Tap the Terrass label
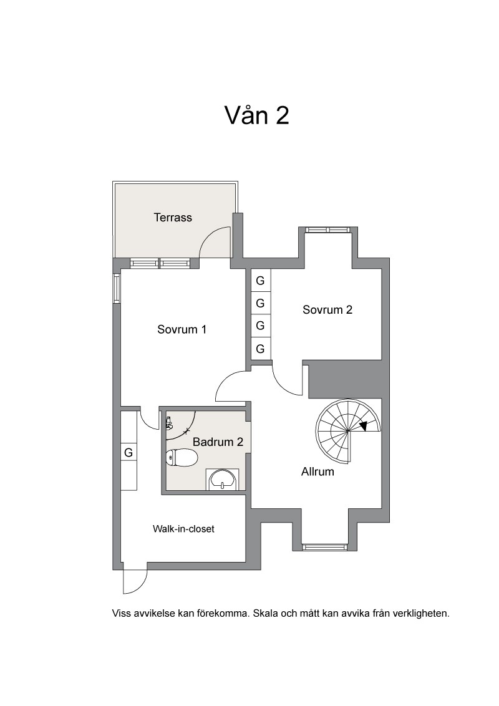173,218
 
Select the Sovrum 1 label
182,329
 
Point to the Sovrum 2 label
327,310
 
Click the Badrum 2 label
218,442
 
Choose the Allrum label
317,472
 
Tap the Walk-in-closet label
183,529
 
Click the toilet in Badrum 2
182,458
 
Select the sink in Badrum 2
223,479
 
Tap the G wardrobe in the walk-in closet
128,452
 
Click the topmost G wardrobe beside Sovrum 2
260,281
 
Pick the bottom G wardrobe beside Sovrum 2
260,349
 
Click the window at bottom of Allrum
324,547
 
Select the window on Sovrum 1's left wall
117,288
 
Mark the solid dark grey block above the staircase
345,379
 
